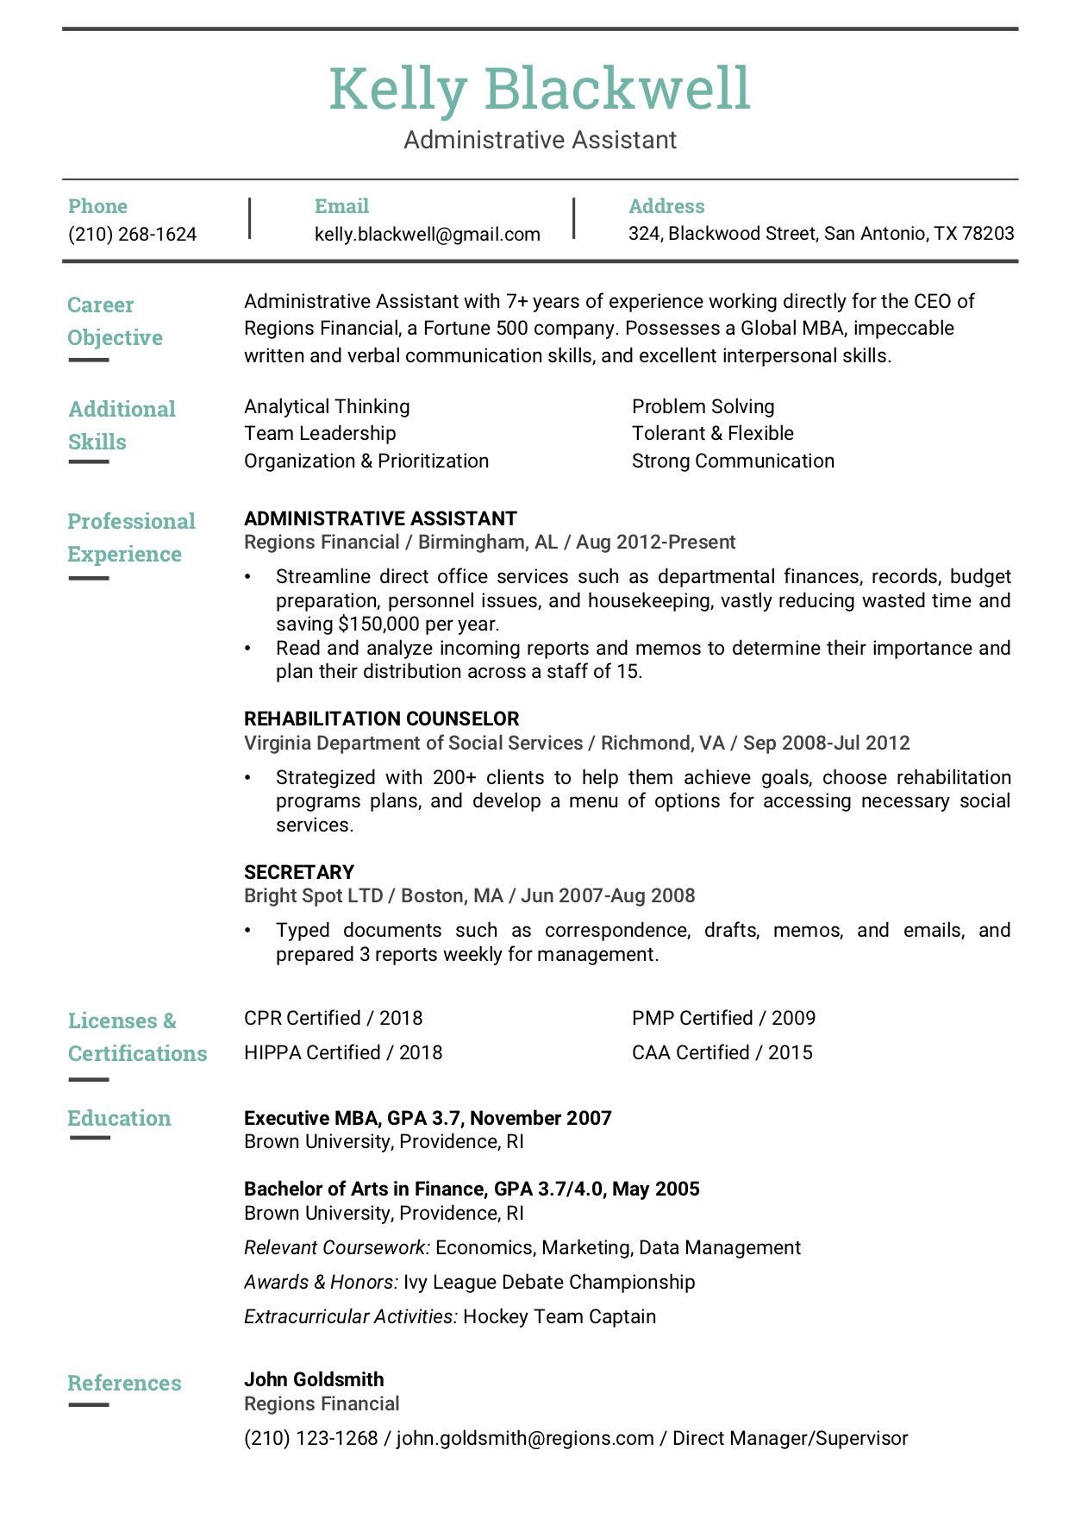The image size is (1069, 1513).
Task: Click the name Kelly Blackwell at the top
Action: (539, 89)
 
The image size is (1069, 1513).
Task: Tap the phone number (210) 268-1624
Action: (132, 235)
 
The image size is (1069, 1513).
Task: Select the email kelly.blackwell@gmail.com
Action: (427, 235)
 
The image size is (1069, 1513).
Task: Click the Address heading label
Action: (666, 206)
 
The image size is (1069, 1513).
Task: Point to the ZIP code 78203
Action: (988, 234)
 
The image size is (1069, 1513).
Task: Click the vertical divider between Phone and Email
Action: (249, 218)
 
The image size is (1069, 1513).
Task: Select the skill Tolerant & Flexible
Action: (712, 434)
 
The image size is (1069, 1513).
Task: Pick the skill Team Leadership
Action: (320, 434)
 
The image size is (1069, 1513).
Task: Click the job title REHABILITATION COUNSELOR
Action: (381, 719)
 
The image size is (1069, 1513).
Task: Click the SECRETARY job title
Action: (299, 872)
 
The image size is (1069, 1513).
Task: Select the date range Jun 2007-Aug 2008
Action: (608, 896)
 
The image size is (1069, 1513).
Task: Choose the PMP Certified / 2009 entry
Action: (723, 1019)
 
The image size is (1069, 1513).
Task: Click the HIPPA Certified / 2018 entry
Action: (343, 1053)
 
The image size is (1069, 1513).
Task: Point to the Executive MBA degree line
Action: (428, 1119)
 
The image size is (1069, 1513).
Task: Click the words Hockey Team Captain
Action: (560, 1317)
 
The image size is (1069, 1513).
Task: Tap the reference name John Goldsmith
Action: (314, 1380)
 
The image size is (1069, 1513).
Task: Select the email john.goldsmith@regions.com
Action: (524, 1439)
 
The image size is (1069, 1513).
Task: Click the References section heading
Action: (124, 1384)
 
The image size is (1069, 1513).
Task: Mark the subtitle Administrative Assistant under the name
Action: (540, 140)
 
